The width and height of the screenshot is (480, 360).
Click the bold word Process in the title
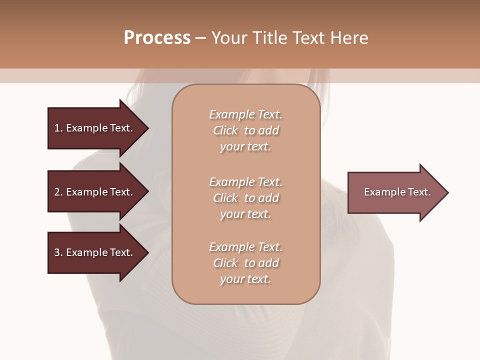tap(157, 38)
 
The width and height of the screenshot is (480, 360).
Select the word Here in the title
tap(349, 38)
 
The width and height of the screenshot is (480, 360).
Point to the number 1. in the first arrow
tap(58, 128)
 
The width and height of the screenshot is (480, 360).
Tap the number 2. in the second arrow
tap(58, 192)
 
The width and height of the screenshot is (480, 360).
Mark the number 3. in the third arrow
tap(58, 252)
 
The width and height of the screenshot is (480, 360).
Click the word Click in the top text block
tap(225, 130)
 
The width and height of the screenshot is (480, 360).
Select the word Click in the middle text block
tap(225, 198)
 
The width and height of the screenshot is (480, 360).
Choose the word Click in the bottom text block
tap(225, 263)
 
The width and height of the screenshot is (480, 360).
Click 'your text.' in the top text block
tap(245, 147)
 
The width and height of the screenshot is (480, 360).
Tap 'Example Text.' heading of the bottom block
tap(245, 247)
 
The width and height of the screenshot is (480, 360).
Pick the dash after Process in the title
tap(200, 38)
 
